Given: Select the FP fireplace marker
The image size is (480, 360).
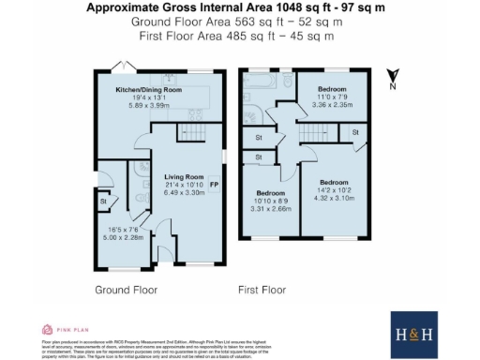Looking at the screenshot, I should coord(215,185).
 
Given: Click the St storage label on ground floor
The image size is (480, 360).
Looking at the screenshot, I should coord(102,200).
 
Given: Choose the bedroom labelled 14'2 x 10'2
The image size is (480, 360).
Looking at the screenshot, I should coord(333,188).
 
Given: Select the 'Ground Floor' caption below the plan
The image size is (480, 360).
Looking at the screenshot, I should coord(123,290).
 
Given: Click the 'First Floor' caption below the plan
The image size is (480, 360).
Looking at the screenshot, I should coord(262,290).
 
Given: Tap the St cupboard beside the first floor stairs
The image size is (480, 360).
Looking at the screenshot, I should coord(259,139).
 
